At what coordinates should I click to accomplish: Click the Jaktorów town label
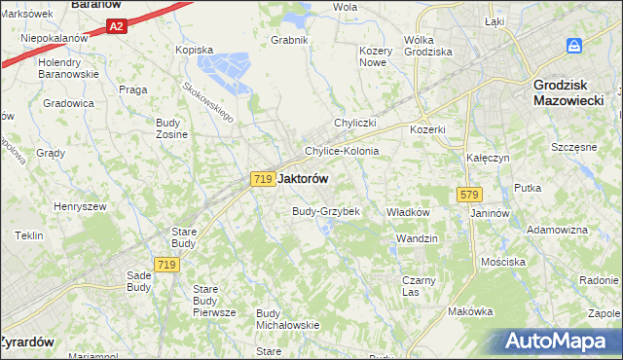303,179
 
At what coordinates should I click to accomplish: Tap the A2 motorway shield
116,26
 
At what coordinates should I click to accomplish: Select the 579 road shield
463,196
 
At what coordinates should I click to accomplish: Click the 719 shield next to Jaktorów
261,179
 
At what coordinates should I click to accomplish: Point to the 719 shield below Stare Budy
165,265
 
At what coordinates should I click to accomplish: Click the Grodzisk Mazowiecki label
569,91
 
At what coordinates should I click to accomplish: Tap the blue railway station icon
574,47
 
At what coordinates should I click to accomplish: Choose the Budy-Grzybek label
326,211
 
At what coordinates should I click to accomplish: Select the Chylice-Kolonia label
342,152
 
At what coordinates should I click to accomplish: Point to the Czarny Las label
418,286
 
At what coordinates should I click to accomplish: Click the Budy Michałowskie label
287,319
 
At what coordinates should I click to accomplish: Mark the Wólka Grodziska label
428,46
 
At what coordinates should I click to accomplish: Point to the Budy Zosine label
171,128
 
